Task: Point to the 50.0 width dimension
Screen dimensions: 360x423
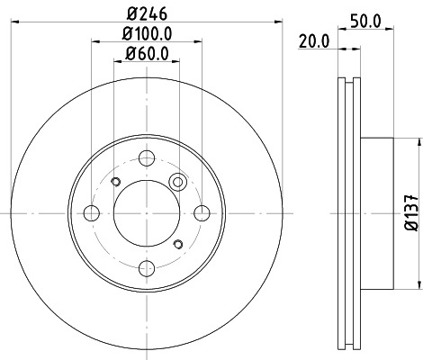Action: pyautogui.click(x=368, y=18)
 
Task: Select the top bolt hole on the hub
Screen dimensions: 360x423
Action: pyautogui.click(x=147, y=157)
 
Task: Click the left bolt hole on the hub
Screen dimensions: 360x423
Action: pyautogui.click(x=90, y=213)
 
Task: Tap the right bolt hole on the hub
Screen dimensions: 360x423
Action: pyautogui.click(x=202, y=213)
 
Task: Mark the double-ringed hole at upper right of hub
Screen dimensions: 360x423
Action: pyautogui.click(x=178, y=183)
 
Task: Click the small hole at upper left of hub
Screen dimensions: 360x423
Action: pyautogui.click(x=114, y=183)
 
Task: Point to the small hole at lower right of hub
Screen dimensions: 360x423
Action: pyautogui.click(x=178, y=244)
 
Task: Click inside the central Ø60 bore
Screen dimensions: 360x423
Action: pyautogui.click(x=147, y=213)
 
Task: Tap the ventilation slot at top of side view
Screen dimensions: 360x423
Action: pyautogui.click(x=347, y=90)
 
